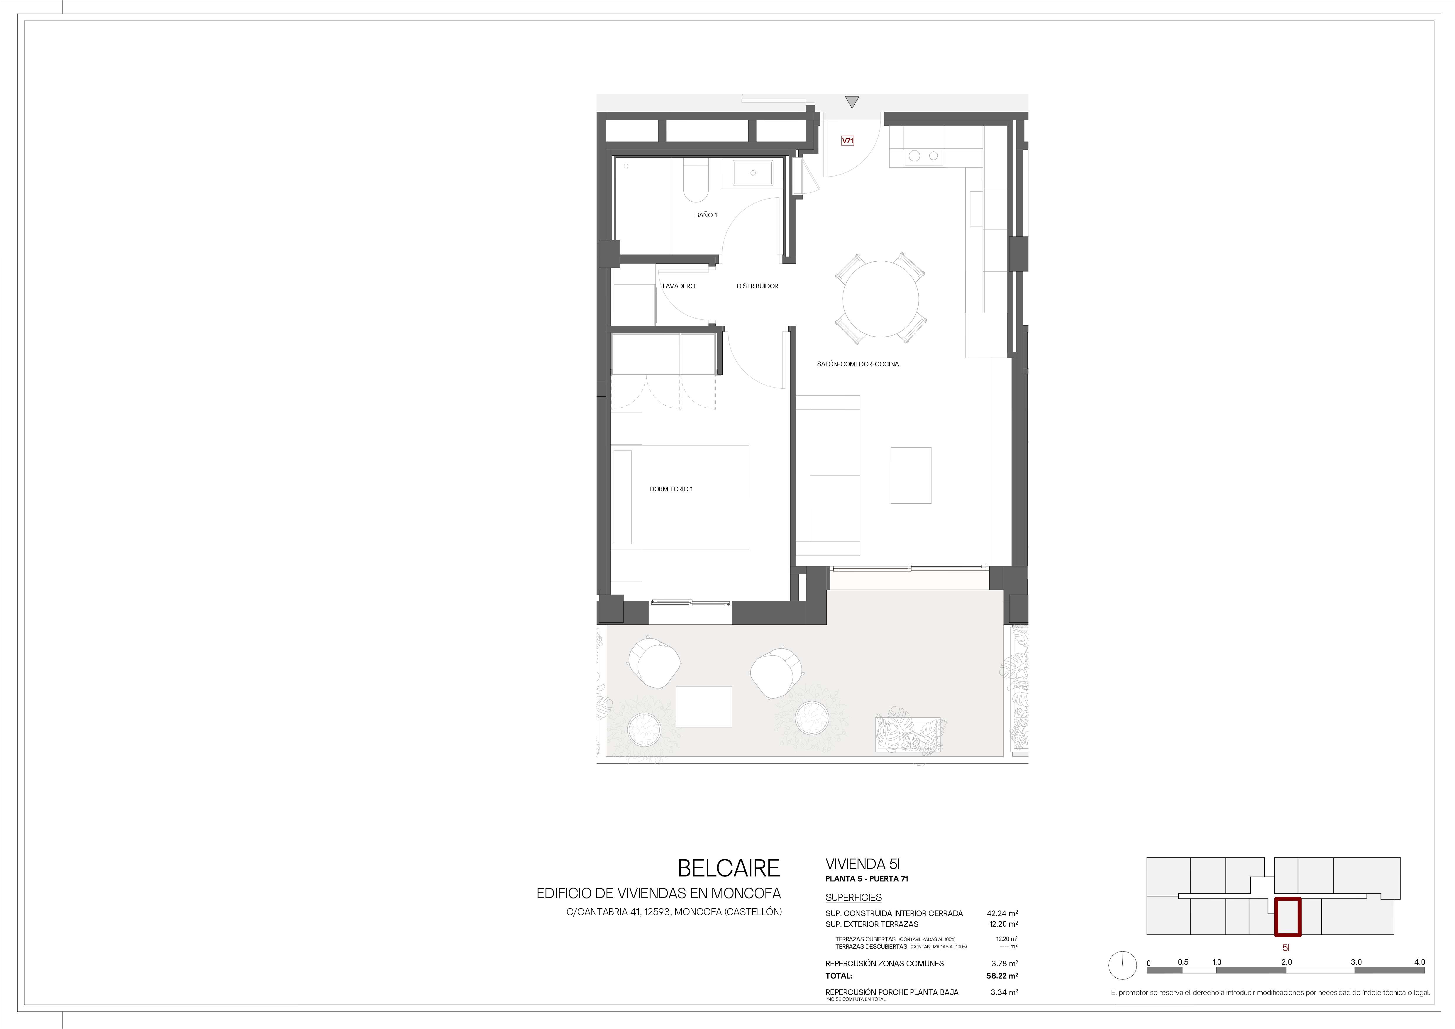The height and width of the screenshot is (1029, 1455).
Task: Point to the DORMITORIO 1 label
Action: [671, 489]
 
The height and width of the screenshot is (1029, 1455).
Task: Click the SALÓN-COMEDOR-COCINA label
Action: [858, 364]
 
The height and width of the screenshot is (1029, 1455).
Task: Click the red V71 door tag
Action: [847, 141]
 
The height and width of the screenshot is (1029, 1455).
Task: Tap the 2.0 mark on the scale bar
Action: [1286, 962]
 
